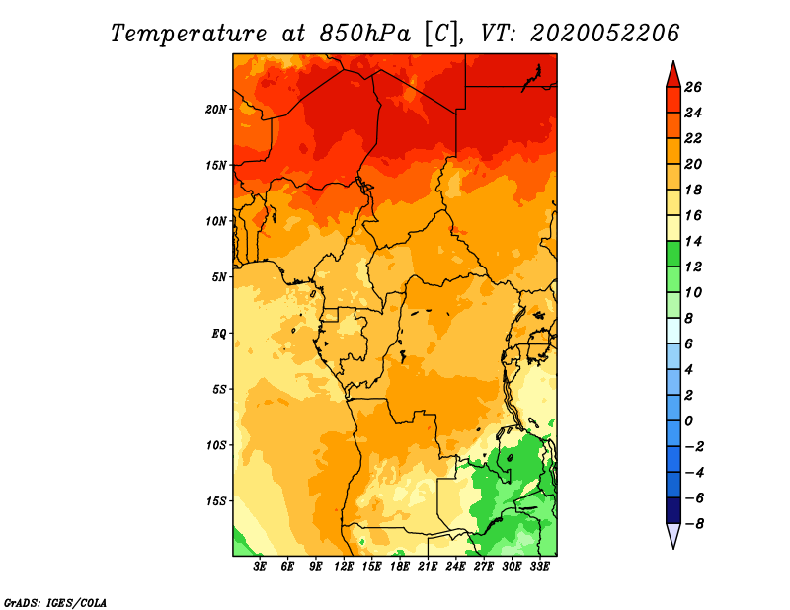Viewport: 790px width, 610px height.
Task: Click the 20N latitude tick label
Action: tap(216, 110)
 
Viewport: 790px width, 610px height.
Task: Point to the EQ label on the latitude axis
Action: tap(218, 334)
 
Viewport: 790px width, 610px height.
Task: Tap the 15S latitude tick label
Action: tap(216, 501)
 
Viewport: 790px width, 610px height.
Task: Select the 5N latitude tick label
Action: tap(219, 277)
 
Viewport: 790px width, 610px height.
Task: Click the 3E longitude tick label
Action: tap(260, 567)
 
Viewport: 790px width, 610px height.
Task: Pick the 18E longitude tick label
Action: tap(400, 567)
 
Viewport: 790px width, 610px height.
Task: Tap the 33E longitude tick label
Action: tap(539, 567)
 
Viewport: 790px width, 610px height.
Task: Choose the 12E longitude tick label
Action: tap(344, 567)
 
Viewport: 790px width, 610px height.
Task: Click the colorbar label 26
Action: tap(693, 88)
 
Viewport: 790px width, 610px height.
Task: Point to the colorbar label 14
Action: tap(693, 242)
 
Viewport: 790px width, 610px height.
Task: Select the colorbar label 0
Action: tap(688, 421)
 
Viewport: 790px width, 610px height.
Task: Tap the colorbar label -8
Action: tap(694, 524)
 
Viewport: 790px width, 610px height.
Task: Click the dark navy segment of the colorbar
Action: tap(673, 510)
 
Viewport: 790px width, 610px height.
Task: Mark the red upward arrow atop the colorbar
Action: tap(673, 76)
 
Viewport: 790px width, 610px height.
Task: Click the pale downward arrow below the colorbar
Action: tap(673, 535)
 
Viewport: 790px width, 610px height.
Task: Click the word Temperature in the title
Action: tap(189, 34)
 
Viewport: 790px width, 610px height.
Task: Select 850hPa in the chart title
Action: tap(365, 34)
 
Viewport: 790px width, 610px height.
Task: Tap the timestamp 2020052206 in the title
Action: tap(605, 34)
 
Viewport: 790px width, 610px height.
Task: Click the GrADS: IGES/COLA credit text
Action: tap(55, 603)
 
